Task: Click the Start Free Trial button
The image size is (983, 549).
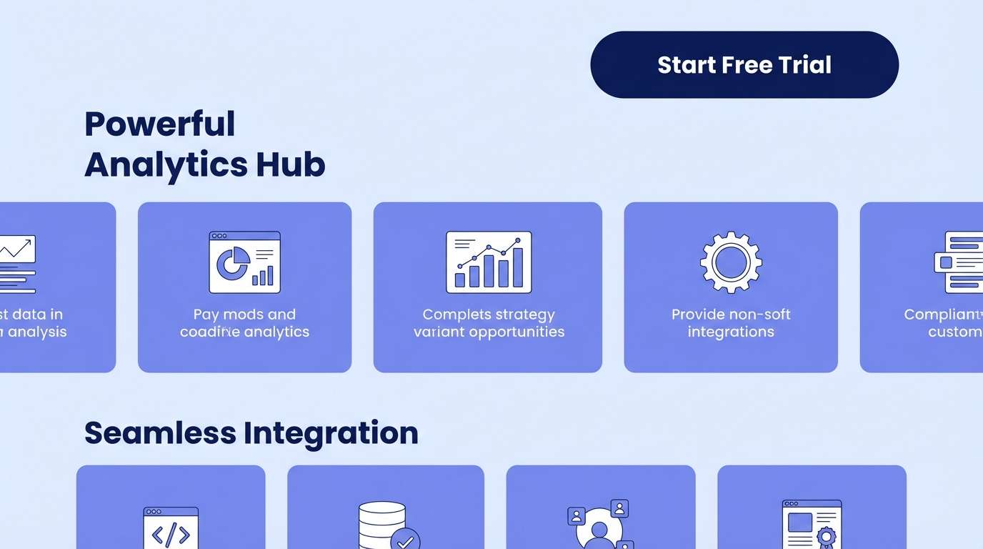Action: click(744, 64)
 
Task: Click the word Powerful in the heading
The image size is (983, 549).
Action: click(159, 124)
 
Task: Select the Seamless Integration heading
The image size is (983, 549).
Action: click(251, 433)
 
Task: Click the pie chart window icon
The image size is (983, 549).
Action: click(244, 262)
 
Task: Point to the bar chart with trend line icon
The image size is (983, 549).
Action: click(489, 262)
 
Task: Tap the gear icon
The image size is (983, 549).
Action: click(731, 262)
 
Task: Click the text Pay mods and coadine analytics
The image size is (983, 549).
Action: click(244, 323)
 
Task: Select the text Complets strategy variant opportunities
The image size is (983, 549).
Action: click(489, 323)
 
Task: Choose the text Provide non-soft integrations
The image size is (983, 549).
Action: click(731, 323)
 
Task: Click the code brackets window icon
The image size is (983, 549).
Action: click(171, 529)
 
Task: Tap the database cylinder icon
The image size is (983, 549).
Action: click(381, 525)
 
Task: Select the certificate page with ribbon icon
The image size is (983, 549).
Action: click(812, 525)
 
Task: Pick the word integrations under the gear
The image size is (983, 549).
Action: click(731, 332)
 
